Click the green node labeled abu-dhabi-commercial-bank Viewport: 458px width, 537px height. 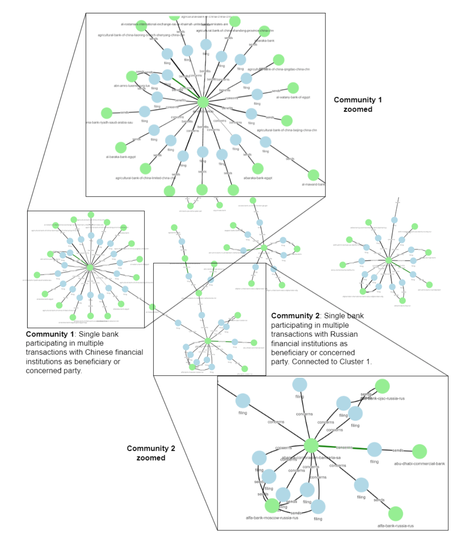(419, 451)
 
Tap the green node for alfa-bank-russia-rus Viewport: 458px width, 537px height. (395, 514)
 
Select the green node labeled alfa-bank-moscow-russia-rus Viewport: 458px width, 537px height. (272, 506)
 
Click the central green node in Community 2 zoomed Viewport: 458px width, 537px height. (311, 446)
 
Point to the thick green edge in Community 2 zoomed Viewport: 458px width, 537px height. (342, 448)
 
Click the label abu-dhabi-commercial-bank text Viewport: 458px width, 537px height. (419, 464)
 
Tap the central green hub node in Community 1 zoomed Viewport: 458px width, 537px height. (203, 102)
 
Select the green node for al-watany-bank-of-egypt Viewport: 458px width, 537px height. (293, 88)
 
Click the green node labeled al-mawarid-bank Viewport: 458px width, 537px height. (313, 175)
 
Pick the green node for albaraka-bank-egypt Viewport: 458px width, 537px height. (258, 169)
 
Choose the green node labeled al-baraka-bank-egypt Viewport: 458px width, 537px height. (121, 147)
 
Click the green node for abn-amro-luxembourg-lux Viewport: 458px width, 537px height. (132, 76)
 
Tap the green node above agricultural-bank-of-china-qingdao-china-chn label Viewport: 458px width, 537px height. (278, 60)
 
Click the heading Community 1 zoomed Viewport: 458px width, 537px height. (357, 104)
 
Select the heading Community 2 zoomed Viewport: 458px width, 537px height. (151, 453)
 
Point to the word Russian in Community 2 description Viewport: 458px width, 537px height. (343, 334)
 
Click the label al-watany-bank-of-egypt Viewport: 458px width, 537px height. (293, 97)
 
